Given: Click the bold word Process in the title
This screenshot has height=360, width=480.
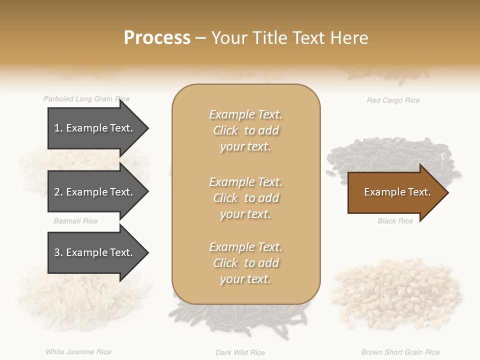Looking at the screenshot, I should (x=157, y=38).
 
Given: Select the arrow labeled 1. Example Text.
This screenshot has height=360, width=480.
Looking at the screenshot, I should (x=95, y=128).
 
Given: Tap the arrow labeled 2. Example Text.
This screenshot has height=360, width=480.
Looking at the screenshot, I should (x=95, y=192).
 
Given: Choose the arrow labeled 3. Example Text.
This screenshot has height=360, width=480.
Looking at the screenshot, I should (x=95, y=252).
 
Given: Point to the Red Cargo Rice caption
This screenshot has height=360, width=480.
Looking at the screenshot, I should (x=393, y=100).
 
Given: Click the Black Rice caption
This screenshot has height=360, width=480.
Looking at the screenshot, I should (x=395, y=221).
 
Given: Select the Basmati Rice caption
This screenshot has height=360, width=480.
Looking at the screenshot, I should (x=75, y=221).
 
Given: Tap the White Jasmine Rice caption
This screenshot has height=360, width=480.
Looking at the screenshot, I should (x=78, y=352).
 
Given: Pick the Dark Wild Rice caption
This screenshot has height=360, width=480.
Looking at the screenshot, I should (x=240, y=352).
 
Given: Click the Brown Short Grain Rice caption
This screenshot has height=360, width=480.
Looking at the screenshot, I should (x=400, y=352).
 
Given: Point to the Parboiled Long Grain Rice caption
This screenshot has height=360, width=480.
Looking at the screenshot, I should (x=86, y=99).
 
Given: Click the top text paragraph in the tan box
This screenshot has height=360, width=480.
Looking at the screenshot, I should (x=245, y=130).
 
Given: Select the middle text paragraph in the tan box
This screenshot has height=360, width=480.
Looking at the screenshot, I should (x=245, y=198).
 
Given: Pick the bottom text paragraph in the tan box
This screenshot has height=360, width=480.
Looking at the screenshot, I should (x=245, y=263).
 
